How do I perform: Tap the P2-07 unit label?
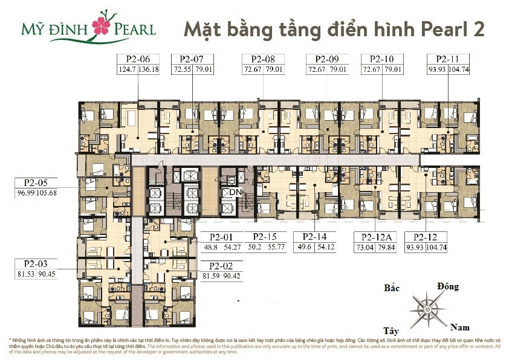(192, 59)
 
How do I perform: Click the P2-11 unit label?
(448, 59)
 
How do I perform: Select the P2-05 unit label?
(36, 182)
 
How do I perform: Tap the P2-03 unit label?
(36, 263)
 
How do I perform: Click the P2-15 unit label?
(265, 237)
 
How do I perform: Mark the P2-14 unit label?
(313, 237)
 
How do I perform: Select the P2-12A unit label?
(376, 237)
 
